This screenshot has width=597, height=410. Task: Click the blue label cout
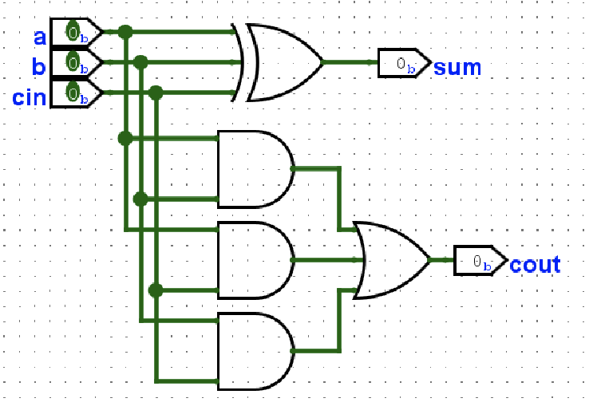tap(535, 265)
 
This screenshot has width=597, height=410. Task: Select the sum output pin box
tap(404, 63)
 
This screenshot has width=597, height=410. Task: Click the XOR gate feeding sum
tap(283, 62)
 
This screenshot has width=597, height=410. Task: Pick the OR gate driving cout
tap(391, 260)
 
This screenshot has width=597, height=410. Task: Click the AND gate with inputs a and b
tap(255, 168)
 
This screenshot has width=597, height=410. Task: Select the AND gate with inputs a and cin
tap(255, 260)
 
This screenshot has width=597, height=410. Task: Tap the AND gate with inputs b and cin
tap(255, 352)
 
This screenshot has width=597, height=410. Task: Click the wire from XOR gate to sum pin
tap(350, 62)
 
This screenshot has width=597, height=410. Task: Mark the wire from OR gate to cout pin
tap(442, 260)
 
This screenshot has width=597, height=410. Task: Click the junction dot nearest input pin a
tap(125, 32)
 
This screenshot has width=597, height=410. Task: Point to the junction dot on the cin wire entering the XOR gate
tap(156, 93)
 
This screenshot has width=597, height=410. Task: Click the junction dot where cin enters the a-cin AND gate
tap(156, 290)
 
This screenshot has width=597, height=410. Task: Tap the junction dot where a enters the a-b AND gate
tap(125, 139)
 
